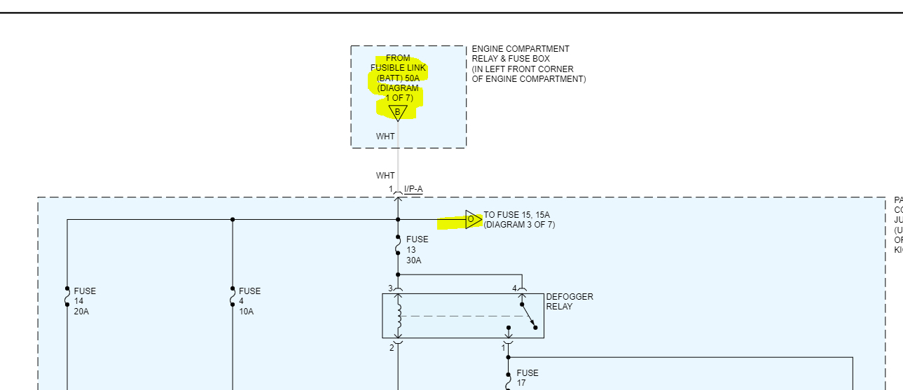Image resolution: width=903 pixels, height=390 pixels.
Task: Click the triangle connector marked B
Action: [397, 112]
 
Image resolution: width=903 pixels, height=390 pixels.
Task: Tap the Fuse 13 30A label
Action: [417, 250]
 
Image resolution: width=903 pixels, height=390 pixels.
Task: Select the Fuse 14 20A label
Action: [85, 301]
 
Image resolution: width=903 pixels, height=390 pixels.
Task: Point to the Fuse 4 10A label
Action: [249, 301]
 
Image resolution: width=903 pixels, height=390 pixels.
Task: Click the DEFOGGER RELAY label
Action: [569, 302]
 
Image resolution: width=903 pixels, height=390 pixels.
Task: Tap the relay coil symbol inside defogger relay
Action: [399, 316]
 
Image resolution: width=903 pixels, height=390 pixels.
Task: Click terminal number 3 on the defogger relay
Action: [391, 288]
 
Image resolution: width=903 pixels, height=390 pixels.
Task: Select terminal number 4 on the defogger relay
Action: [515, 288]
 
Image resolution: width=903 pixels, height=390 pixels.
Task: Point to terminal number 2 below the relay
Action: [392, 347]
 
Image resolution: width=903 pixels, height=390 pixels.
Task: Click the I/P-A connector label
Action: [413, 189]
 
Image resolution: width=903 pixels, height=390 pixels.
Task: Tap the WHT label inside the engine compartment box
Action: [385, 137]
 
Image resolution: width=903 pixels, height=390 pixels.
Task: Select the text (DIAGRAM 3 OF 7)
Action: [519, 225]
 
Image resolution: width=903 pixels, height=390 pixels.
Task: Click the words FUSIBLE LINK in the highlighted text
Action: [398, 68]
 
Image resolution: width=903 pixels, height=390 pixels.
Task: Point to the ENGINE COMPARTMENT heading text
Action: [521, 49]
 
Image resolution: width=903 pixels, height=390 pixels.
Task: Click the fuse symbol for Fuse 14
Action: [67, 297]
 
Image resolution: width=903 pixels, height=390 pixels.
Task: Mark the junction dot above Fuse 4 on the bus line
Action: [233, 220]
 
